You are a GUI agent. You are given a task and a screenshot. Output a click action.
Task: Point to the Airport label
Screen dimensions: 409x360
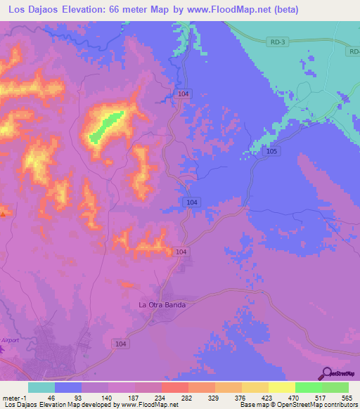10,339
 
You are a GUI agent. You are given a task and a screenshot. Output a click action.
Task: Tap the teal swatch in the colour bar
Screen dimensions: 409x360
41,387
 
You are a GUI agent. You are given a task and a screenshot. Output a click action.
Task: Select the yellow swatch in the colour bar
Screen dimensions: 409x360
281,387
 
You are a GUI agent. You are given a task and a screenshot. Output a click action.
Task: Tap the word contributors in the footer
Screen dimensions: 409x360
339,405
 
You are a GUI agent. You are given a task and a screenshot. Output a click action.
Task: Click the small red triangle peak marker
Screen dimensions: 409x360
3,213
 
